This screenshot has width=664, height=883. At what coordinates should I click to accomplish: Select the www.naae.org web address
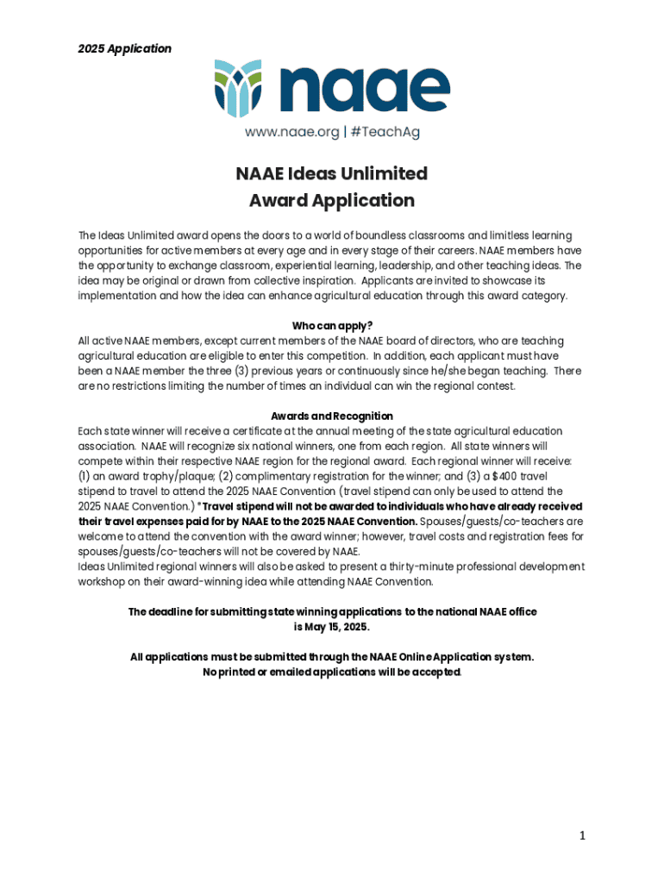pos(291,133)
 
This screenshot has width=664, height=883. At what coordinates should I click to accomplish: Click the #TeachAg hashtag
pos(385,133)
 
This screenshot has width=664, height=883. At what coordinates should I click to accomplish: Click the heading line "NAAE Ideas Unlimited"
pos(332,173)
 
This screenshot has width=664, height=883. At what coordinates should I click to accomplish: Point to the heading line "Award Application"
pos(332,201)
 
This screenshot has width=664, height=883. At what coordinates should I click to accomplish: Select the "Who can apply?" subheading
pos(332,325)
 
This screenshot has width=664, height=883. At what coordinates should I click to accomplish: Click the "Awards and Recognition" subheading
pos(332,416)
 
